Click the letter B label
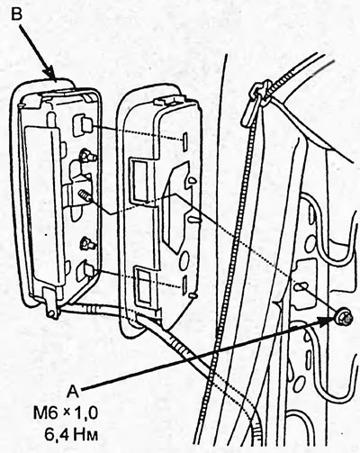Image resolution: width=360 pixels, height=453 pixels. [17, 13]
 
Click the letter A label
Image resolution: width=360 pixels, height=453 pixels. [73, 391]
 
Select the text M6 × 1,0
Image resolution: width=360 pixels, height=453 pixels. [66, 413]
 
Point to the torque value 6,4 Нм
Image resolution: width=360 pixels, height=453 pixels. [71, 435]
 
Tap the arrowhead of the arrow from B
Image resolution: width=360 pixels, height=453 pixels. [49, 73]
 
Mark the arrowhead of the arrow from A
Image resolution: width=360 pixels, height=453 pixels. [326, 322]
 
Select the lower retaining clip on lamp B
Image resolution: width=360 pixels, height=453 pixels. [85, 271]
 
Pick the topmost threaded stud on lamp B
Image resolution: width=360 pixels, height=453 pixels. [87, 155]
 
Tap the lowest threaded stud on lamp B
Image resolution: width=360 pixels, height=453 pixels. [87, 243]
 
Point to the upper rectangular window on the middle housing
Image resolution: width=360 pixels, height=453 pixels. [139, 180]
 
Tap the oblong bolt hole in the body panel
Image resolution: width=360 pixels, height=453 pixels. [301, 286]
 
